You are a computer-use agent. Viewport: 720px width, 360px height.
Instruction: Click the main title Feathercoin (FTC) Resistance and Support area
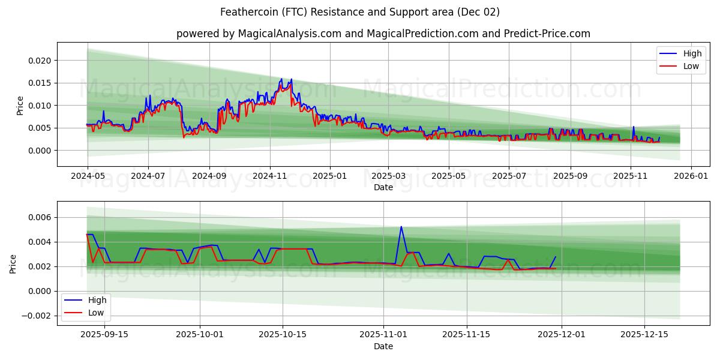pos(359,12)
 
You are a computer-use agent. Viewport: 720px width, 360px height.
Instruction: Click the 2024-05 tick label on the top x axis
pos(88,176)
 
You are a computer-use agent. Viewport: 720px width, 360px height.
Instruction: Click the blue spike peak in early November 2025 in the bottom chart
pos(401,227)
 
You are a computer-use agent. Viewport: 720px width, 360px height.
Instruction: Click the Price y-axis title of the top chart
pos(20,105)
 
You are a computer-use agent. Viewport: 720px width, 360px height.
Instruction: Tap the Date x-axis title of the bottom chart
pos(383,346)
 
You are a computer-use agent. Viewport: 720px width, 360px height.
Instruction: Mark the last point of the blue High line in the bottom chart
pos(556,257)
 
